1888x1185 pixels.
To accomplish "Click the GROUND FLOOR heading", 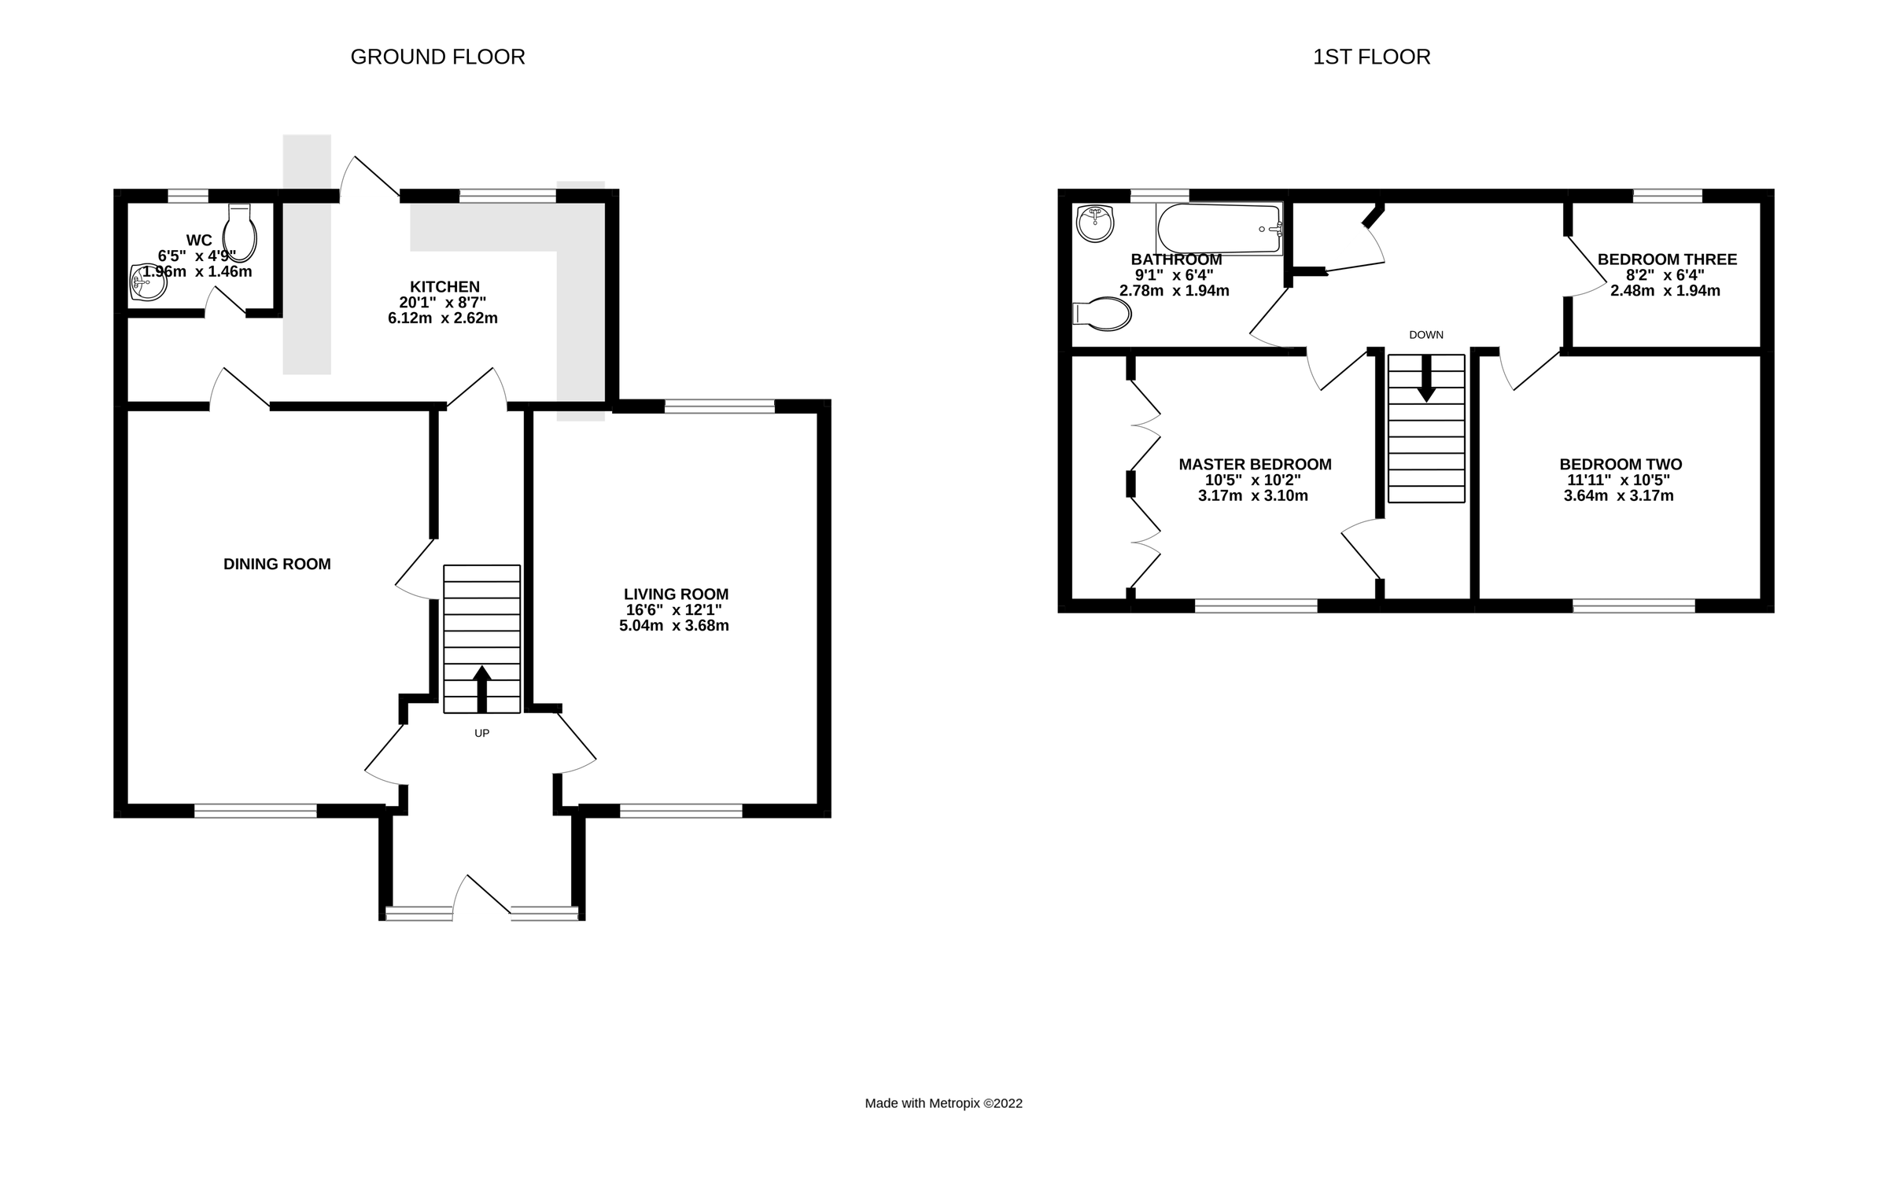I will pos(437,57).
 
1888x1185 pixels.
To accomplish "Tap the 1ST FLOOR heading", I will pos(1371,57).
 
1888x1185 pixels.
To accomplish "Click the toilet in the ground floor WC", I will pos(240,233).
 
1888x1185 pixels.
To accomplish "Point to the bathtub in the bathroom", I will pos(1219,229).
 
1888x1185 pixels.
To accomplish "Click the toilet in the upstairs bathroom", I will pos(1103,315).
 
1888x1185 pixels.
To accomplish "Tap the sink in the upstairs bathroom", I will pos(1094,223).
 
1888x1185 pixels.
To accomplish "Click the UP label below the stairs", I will pos(481,733).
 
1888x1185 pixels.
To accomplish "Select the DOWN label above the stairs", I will pos(1425,335).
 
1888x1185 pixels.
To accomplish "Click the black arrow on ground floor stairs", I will pos(481,688).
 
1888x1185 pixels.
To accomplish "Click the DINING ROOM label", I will pos(277,564).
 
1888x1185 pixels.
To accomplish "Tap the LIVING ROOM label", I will pos(676,594).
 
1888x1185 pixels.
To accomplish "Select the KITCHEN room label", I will pos(444,287).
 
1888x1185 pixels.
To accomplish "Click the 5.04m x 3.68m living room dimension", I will pos(673,626).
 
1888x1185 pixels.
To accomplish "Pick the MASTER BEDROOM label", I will pos(1255,465).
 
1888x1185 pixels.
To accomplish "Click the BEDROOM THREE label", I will pos(1666,259).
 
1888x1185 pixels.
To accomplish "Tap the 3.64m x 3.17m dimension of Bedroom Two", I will pos(1618,496).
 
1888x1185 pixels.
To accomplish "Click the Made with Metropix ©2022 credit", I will pos(943,1103).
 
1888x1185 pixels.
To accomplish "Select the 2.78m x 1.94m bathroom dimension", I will pos(1174,291).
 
